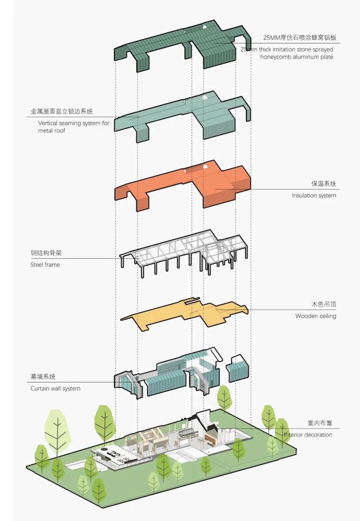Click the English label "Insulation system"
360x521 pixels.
point(314,195)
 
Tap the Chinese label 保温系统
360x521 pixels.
point(323,184)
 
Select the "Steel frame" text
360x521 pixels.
point(45,265)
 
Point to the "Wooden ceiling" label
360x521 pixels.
point(315,316)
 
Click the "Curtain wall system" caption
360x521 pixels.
point(55,388)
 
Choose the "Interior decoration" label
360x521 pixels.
point(308,434)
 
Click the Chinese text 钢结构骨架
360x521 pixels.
point(46,253)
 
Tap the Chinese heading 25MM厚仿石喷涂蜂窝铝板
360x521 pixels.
point(299,38)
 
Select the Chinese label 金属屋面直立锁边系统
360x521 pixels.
point(62,112)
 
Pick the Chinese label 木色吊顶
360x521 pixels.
point(323,304)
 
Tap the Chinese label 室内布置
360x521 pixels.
point(320,423)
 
